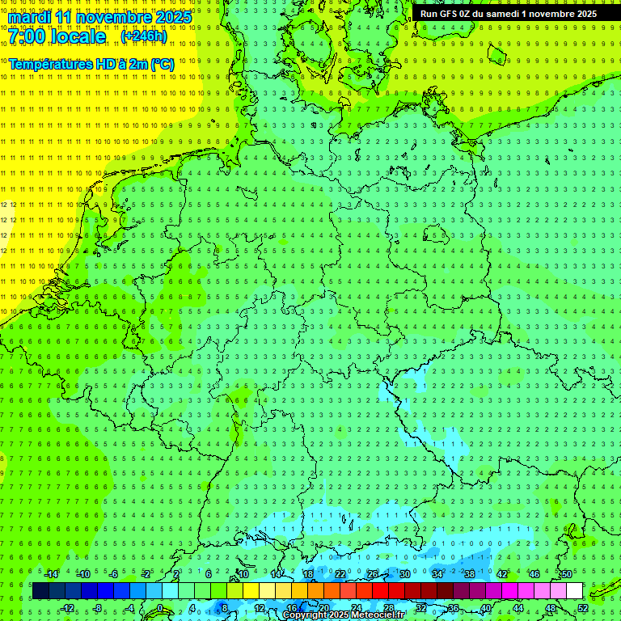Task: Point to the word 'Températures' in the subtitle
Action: point(50,64)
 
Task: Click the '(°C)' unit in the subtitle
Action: point(162,64)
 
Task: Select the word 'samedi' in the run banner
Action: point(499,14)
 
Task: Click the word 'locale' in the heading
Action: point(81,37)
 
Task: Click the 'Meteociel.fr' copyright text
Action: point(380,615)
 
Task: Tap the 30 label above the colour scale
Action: point(405,574)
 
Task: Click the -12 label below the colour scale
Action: point(68,608)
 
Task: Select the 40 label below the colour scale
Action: point(486,608)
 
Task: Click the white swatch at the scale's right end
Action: point(575,590)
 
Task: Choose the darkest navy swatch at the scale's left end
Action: point(40,590)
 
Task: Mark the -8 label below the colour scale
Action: point(99,608)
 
